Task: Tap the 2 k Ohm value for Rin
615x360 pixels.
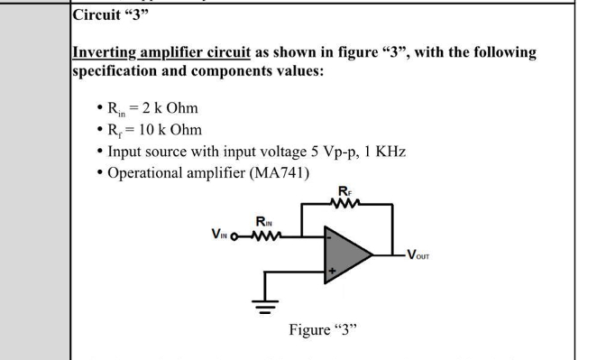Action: [x=169, y=108]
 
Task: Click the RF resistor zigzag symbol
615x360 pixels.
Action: [x=344, y=203]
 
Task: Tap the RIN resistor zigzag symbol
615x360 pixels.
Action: [x=263, y=235]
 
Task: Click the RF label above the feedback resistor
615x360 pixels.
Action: [x=344, y=189]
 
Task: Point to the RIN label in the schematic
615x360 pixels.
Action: [x=265, y=222]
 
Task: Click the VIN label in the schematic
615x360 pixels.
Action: [x=220, y=236]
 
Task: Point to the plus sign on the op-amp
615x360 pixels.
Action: [x=331, y=270]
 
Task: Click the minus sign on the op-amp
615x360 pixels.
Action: [x=330, y=238]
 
